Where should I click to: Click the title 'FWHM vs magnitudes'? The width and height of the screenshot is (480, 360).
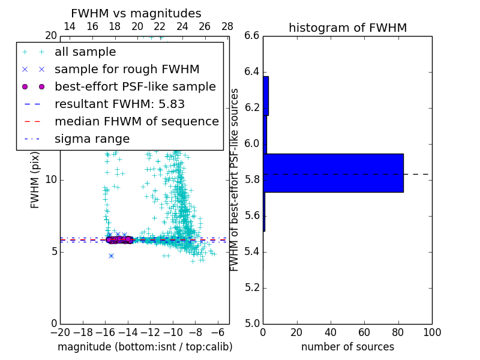[x=136, y=13]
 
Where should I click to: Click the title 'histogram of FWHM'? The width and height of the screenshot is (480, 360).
[x=347, y=28]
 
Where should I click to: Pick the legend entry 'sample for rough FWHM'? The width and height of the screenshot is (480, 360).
[x=127, y=69]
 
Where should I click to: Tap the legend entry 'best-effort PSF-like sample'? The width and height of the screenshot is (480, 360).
[x=135, y=86]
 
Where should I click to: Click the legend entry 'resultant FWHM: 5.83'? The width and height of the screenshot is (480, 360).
[x=119, y=104]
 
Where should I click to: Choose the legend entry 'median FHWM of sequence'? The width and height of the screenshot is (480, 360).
[x=136, y=121]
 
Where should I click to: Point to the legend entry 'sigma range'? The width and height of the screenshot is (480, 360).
[x=92, y=139]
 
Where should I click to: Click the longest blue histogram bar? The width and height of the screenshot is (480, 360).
[x=333, y=173]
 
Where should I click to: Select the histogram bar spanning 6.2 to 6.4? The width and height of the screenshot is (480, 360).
[x=265, y=95]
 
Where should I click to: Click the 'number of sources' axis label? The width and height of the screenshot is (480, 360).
[x=347, y=347]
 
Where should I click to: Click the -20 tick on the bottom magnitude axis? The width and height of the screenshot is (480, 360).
[x=60, y=332]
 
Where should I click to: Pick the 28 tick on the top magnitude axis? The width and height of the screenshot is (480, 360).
[x=227, y=27]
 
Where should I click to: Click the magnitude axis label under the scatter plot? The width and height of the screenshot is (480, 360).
[x=145, y=347]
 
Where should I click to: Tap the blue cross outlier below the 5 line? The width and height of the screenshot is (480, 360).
[x=111, y=256]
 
